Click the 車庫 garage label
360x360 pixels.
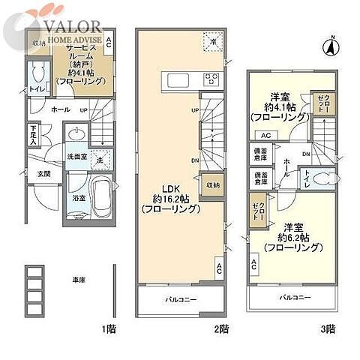[77, 279]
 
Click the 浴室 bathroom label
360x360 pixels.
[78, 199]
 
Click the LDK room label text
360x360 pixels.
[169, 199]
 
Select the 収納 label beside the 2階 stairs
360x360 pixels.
[213, 183]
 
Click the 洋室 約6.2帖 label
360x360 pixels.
[290, 235]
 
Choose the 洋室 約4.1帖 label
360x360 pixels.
[278, 107]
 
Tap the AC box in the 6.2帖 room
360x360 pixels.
[253, 263]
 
